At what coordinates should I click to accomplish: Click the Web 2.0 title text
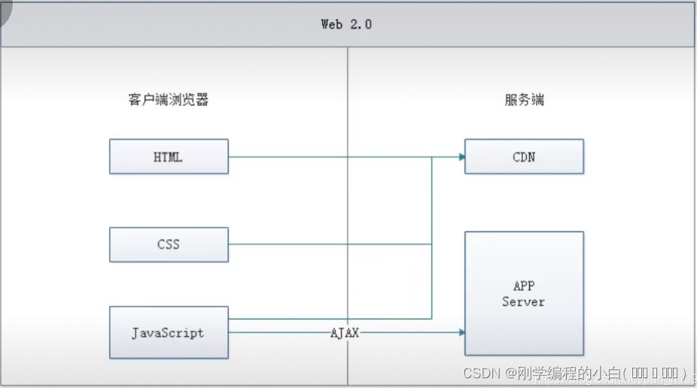[346, 24]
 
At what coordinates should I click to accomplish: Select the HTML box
[169, 157]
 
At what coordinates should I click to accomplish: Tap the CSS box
[169, 244]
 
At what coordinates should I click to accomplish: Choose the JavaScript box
[169, 332]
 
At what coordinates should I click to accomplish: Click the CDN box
[524, 157]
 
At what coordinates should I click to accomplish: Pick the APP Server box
[524, 293]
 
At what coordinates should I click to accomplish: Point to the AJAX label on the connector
[344, 332]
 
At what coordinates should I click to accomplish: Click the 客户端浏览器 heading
[169, 99]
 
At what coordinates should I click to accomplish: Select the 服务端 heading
[524, 99]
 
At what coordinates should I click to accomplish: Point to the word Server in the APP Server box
[523, 301]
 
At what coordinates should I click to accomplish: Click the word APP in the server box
[523, 286]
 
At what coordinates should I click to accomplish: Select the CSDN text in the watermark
[482, 373]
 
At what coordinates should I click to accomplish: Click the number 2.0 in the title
[361, 24]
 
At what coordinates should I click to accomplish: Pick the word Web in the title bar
[332, 24]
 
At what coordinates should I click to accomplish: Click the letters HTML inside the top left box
[168, 157]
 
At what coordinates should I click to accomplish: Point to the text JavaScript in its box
[168, 332]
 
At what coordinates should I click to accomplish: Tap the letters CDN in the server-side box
[523, 157]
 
